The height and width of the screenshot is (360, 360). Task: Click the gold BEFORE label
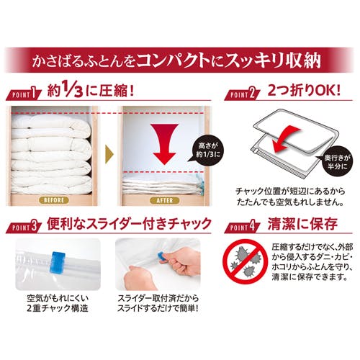pos(53,200)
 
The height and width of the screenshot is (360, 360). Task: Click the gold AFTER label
pos(164,200)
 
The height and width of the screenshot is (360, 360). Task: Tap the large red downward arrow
pos(164,143)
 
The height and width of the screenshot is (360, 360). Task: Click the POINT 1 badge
pos(24,94)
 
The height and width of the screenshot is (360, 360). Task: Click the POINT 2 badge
pos(242,94)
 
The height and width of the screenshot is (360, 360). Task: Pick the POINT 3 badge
pos(24,228)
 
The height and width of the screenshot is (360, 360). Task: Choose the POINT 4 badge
pos(242,228)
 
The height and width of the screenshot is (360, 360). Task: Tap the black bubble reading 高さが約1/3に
pos(207,150)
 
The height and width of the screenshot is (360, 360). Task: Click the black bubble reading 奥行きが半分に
pos(336,162)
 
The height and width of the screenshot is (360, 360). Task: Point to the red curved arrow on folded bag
pos(286,139)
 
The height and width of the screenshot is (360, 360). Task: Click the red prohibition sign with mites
pos(245,262)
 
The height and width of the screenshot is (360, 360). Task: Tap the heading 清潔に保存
pos(303,224)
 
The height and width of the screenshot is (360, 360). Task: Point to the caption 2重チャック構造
pos(58,308)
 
